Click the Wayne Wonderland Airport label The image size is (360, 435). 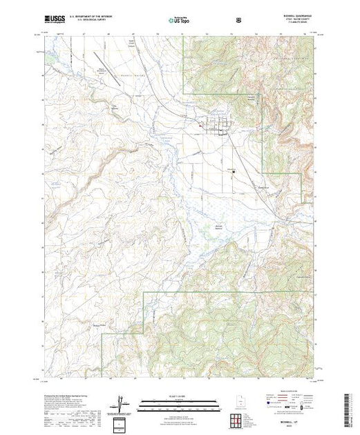[x=121, y=90]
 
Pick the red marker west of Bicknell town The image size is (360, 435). [x=201, y=126]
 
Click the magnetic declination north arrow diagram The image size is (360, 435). [x=122, y=403]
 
